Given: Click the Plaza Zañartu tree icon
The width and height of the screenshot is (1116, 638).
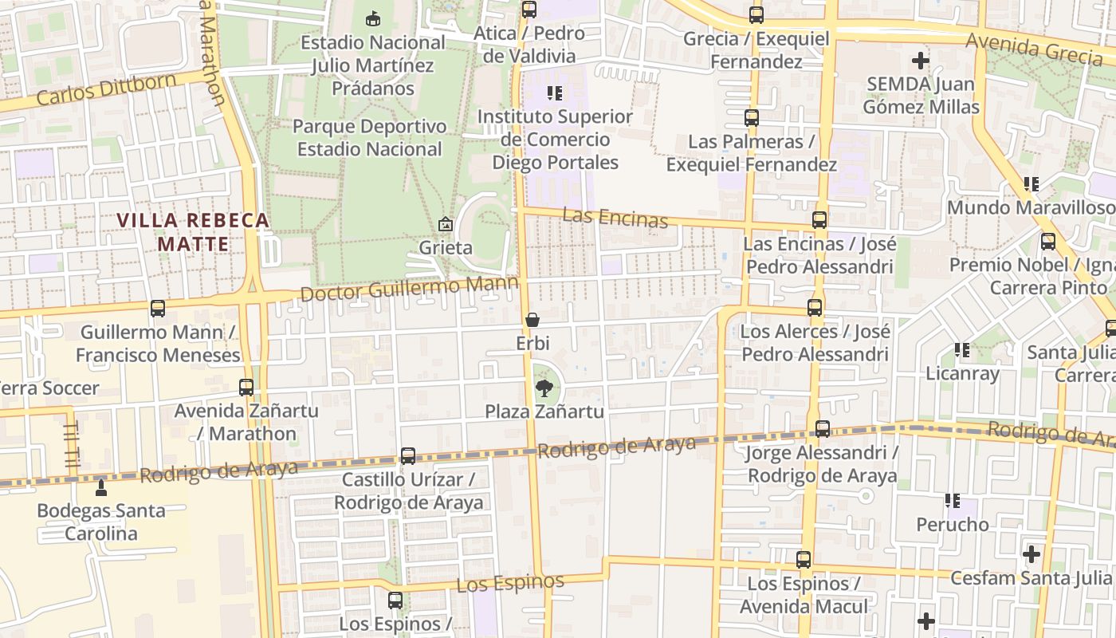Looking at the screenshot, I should (544, 388).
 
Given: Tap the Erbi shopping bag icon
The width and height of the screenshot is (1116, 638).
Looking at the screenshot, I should (532, 320).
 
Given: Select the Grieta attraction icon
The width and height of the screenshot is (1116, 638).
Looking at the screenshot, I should (446, 224).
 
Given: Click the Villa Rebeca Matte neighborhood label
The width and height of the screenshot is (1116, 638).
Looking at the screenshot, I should (193, 232).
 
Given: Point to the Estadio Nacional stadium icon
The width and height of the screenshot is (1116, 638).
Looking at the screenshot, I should (372, 18).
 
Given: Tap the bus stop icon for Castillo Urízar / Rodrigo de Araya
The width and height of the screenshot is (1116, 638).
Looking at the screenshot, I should (408, 456).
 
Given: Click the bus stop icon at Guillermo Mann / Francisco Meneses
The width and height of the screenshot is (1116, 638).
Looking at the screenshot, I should (158, 309).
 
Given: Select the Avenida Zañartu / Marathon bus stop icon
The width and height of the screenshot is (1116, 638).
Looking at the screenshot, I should (246, 388).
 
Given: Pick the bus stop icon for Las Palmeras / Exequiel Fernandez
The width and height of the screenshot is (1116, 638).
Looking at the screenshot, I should (751, 118).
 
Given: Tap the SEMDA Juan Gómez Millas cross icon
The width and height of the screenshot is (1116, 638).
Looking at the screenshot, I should (921, 60).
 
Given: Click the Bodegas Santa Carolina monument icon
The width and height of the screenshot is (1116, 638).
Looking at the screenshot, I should (101, 486).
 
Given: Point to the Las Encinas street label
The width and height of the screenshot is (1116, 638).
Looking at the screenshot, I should (615, 217).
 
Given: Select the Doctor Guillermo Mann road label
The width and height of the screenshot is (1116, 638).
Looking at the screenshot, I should (409, 289).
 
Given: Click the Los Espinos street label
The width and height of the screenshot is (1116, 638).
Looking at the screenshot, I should (510, 583).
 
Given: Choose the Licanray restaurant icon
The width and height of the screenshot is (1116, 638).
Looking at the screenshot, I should (962, 349).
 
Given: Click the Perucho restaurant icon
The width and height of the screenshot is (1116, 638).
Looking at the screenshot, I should (953, 501).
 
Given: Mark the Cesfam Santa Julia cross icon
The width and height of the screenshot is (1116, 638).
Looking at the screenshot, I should (1032, 553).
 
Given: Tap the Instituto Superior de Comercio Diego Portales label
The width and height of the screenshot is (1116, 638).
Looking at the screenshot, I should (555, 140).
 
